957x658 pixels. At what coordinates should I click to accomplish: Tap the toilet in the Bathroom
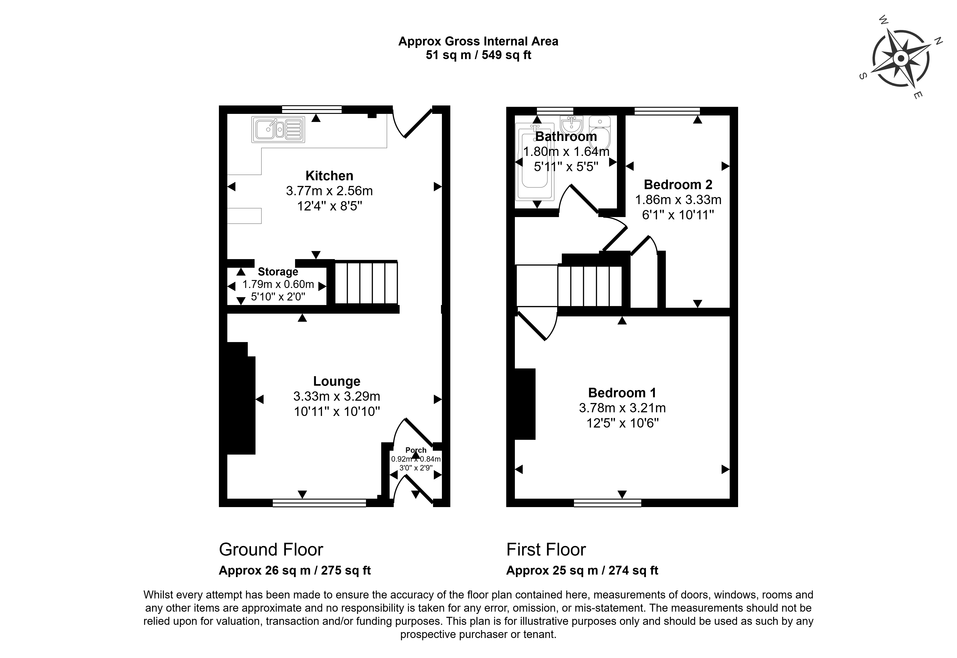[599, 132]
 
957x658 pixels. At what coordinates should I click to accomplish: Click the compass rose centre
[900, 59]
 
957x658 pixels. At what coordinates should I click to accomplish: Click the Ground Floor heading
[271, 550]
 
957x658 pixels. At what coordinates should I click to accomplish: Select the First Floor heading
[546, 550]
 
